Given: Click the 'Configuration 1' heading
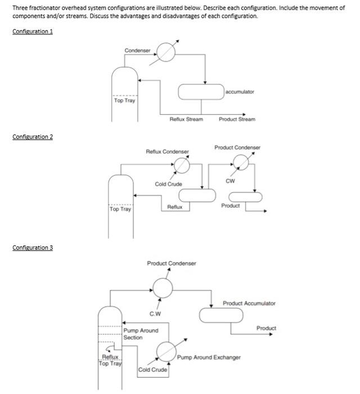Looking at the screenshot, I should [33, 31].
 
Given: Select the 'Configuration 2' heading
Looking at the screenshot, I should [33, 137].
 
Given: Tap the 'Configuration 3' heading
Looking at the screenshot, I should [33, 248].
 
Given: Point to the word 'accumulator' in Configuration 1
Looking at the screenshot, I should [240, 91].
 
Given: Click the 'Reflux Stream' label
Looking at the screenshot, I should [186, 119].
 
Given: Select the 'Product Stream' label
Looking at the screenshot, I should [237, 119].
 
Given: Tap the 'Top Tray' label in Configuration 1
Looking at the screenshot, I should [125, 101].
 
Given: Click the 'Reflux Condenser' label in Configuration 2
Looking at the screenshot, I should [167, 151].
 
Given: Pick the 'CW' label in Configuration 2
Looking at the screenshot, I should [230, 181].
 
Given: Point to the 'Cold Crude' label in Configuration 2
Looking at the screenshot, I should [168, 184].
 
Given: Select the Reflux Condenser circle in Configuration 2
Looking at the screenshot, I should [181, 165].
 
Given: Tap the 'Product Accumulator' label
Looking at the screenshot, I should [249, 303].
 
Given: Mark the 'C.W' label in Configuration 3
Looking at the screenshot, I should [155, 314].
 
